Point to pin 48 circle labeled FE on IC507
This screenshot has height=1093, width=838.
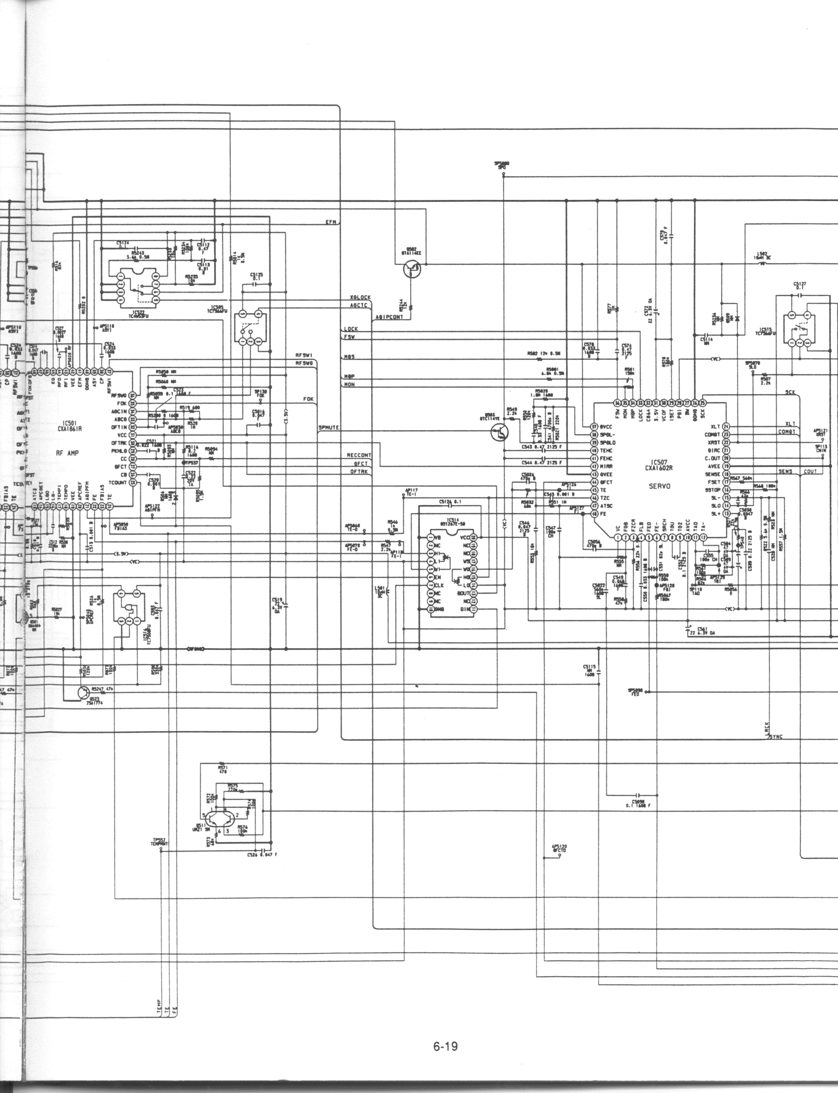click(594, 513)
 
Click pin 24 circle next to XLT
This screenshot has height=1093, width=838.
click(726, 427)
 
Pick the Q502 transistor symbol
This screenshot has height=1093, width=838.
click(413, 270)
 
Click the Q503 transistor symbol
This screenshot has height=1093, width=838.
click(498, 434)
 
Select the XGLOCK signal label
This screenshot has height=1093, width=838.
click(361, 297)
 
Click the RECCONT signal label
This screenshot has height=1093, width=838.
click(359, 455)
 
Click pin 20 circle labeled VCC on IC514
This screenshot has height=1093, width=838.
click(473, 537)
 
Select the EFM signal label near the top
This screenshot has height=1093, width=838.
click(330, 221)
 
